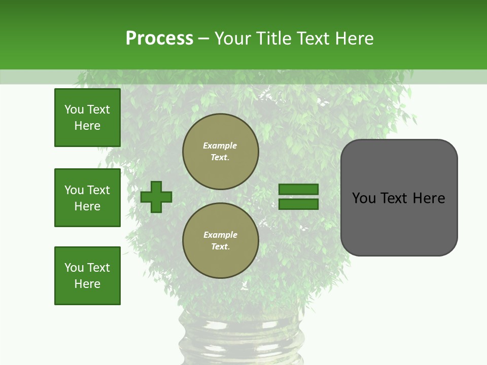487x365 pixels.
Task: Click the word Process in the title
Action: (x=159, y=39)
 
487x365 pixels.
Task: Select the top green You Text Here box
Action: (x=87, y=118)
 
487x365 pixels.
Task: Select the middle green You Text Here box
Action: (x=87, y=198)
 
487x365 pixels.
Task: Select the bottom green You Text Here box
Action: (x=87, y=276)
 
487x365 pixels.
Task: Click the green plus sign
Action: (x=156, y=197)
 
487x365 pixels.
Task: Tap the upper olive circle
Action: (x=220, y=151)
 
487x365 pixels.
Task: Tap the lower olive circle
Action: (x=220, y=240)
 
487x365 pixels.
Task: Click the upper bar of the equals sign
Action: (x=299, y=190)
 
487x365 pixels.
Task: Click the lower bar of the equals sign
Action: (x=299, y=204)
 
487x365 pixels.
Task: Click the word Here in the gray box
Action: (x=429, y=198)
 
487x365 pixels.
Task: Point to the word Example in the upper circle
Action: (x=220, y=145)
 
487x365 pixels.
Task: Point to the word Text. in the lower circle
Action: (x=220, y=247)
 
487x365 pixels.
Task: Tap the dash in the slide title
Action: (x=203, y=39)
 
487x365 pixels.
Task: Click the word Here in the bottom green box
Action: (x=87, y=284)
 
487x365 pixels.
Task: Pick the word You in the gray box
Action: (x=364, y=198)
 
